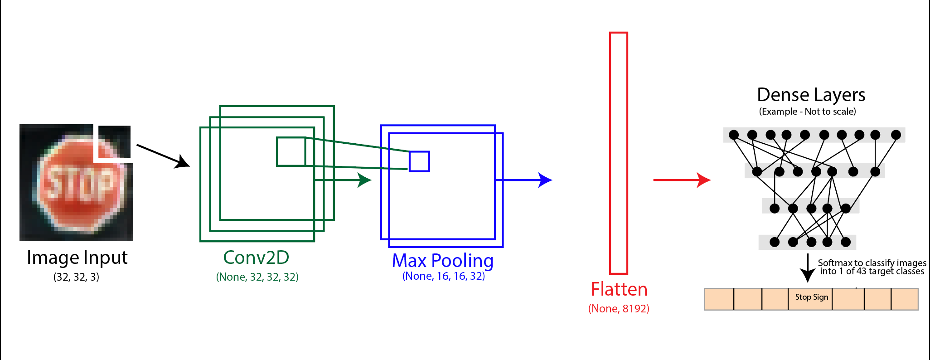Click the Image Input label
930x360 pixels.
tap(77, 258)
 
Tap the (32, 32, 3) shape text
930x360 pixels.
tap(76, 277)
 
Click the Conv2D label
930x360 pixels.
tap(256, 258)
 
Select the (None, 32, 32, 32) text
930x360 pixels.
tap(257, 277)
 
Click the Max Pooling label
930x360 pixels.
tap(442, 261)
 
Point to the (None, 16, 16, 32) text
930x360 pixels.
tap(443, 276)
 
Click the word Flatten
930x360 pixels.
tap(619, 289)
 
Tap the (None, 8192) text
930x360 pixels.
tap(619, 309)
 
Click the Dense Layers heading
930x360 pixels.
tap(811, 95)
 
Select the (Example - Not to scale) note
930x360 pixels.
tap(807, 112)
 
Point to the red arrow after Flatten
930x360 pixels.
tap(682, 180)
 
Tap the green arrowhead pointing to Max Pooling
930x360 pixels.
tap(364, 180)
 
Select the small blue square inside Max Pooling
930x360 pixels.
tap(419, 161)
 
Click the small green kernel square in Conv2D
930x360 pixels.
tap(291, 151)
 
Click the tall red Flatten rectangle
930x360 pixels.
tap(618, 153)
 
